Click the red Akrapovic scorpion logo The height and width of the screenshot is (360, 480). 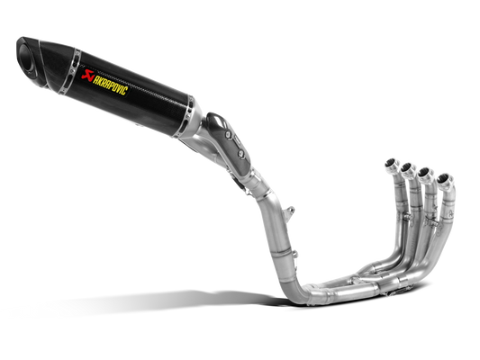pyautogui.click(x=88, y=75)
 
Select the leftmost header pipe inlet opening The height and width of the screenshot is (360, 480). pyautogui.click(x=391, y=163)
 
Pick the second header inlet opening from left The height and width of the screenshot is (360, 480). pyautogui.click(x=407, y=167)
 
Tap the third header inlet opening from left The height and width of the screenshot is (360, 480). pyautogui.click(x=424, y=173)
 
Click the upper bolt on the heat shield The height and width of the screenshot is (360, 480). pyautogui.click(x=228, y=134)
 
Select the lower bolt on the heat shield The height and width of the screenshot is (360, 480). pyautogui.click(x=241, y=153)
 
